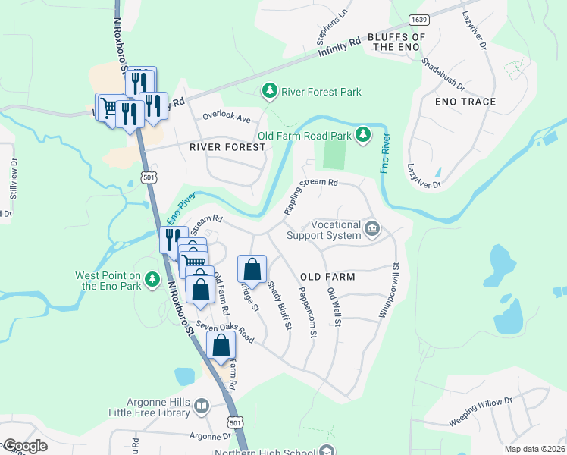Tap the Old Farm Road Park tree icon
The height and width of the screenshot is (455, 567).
click(x=364, y=135)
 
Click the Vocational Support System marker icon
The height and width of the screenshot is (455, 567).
click(x=372, y=228)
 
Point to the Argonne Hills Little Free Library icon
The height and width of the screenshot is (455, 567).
click(x=202, y=406)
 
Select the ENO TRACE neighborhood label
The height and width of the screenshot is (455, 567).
click(x=465, y=102)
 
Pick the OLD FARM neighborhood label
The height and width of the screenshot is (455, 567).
click(x=327, y=277)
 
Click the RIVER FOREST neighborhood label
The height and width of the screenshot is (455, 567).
click(x=227, y=147)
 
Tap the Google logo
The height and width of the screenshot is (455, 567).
click(x=24, y=446)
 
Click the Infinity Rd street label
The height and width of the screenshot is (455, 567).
click(x=340, y=49)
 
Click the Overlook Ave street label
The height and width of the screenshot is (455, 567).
click(x=226, y=118)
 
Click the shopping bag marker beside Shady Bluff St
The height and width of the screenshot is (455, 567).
click(x=252, y=269)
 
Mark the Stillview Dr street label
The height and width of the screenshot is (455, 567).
click(x=13, y=178)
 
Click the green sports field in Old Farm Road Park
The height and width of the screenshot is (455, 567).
click(x=334, y=155)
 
